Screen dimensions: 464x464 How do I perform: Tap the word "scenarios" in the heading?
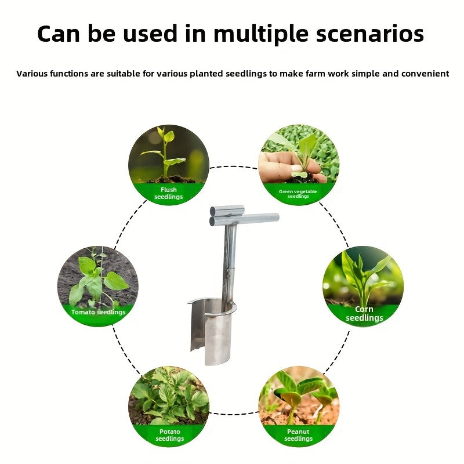371,35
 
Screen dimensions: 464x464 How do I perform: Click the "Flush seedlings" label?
168,193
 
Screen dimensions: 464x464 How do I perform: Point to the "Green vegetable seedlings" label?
299,193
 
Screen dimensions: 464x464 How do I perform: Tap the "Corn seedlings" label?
364,314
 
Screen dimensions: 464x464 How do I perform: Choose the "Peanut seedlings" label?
299,435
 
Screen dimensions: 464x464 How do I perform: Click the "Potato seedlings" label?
169,435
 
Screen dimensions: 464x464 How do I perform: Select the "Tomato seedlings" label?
98,312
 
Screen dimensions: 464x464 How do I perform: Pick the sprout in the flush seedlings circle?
165,151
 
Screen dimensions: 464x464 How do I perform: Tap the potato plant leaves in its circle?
168,394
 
